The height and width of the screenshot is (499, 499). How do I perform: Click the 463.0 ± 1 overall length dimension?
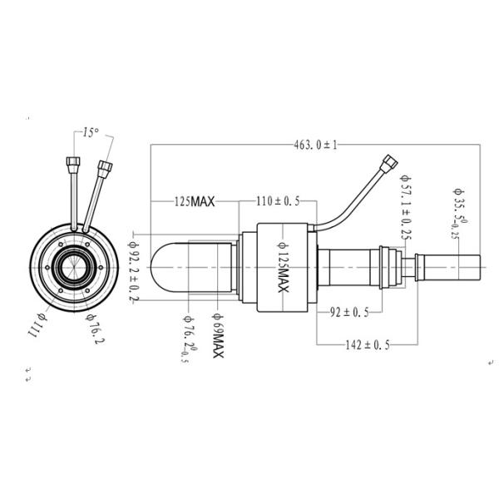[315, 145]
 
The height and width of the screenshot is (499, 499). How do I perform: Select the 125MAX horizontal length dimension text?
[195, 202]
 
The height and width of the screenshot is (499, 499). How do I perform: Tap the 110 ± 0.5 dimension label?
[278, 202]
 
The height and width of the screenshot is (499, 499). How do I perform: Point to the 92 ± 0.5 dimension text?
[349, 313]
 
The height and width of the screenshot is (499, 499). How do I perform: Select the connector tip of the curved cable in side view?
[388, 161]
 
